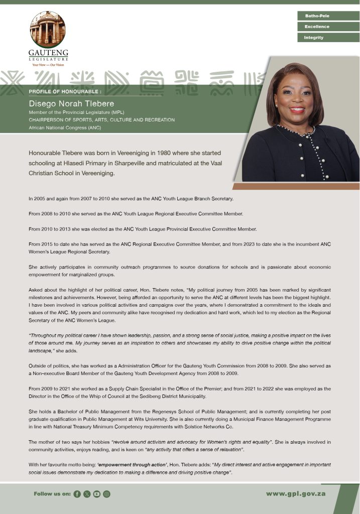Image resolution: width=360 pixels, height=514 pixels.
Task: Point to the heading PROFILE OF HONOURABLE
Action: click(x=65, y=92)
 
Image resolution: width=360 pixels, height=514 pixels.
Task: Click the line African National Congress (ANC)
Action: click(x=65, y=127)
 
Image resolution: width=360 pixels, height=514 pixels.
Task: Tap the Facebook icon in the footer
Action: click(x=77, y=494)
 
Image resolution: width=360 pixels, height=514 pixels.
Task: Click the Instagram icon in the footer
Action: click(x=106, y=494)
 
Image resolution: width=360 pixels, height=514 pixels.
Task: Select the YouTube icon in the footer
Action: click(x=96, y=494)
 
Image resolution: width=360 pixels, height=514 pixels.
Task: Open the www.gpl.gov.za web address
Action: click(x=296, y=493)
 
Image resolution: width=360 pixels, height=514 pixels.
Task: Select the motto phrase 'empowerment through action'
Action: click(x=127, y=465)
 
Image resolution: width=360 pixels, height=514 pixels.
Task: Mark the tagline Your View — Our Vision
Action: click(x=48, y=65)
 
